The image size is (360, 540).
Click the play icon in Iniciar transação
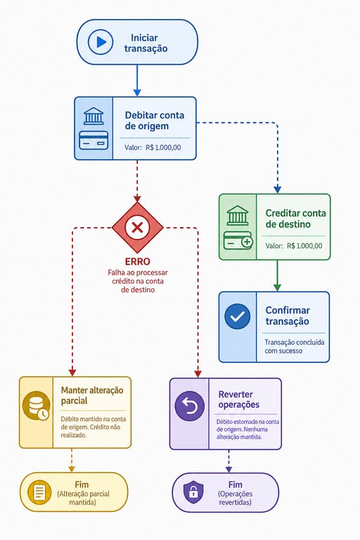click(x=101, y=42)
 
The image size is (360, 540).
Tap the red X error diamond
click(x=137, y=228)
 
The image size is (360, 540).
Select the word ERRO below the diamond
click(x=137, y=262)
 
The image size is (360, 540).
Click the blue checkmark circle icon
click(x=238, y=316)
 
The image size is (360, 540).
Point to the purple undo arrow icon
click(x=189, y=406)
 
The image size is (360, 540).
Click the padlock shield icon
click(x=193, y=492)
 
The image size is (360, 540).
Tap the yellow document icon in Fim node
click(x=39, y=491)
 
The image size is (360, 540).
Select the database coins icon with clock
click(x=36, y=406)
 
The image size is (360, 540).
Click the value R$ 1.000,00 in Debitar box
click(x=163, y=148)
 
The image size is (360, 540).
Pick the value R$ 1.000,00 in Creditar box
click(x=304, y=246)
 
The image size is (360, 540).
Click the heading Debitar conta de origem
click(x=155, y=120)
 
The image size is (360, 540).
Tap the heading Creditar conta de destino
click(x=295, y=219)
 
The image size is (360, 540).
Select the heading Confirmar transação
click(x=288, y=316)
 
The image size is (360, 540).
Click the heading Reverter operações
click(x=239, y=399)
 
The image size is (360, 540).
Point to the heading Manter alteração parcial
click(x=92, y=395)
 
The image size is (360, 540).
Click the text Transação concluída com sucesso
click(x=295, y=347)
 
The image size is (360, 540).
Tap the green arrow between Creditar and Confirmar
click(x=277, y=276)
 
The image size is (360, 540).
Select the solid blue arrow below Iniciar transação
click(x=137, y=80)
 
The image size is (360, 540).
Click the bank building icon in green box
click(x=238, y=215)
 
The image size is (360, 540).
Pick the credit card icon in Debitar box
click(x=94, y=141)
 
